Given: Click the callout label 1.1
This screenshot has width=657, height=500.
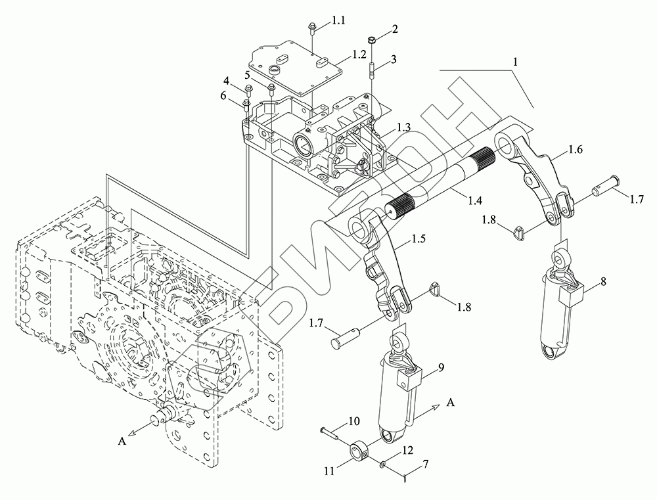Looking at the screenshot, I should click(x=338, y=22).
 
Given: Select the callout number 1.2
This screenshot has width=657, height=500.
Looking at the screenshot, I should click(x=359, y=55).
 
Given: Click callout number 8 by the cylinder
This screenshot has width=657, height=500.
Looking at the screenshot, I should click(x=603, y=283).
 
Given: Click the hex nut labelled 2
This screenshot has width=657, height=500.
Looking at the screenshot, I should click(x=371, y=39).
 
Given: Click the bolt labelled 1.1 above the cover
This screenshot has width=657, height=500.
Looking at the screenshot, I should click(x=311, y=28).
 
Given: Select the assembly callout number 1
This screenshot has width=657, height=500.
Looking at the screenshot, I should click(x=516, y=60).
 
